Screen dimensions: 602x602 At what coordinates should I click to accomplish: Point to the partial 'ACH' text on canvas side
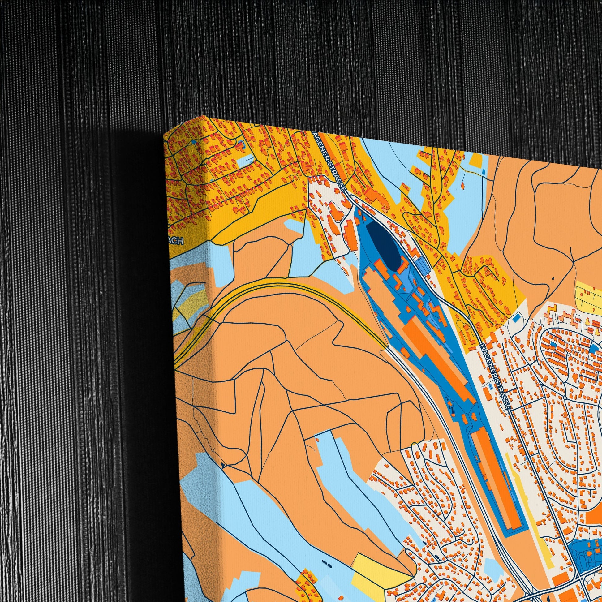tap(178, 242)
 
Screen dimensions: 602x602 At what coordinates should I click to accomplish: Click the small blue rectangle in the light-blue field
tap(483, 172)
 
